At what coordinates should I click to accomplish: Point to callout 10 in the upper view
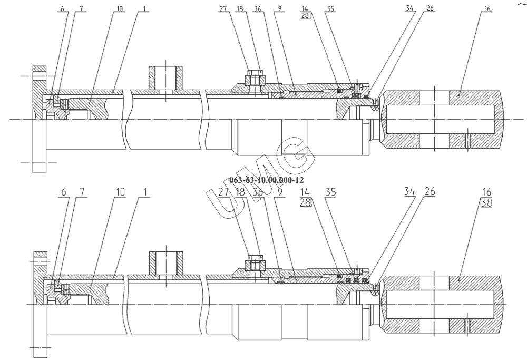click(x=120, y=9)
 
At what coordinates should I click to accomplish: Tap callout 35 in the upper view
click(x=330, y=9)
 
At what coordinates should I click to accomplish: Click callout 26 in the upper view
click(x=430, y=9)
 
